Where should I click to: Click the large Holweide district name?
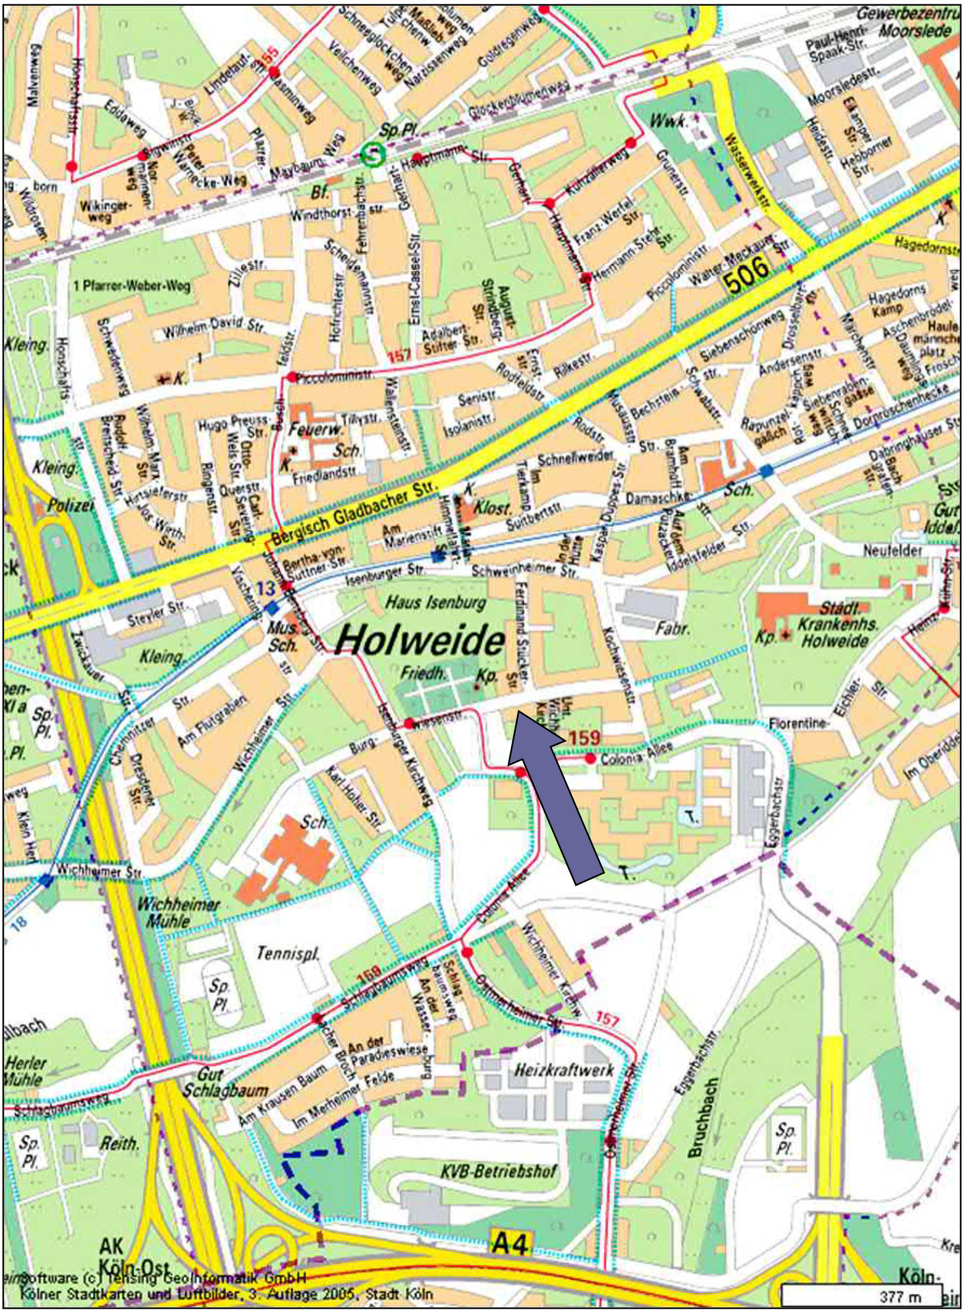(x=419, y=641)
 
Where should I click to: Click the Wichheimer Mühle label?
(x=178, y=913)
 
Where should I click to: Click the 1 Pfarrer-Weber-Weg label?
(x=132, y=287)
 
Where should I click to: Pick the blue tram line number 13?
(x=266, y=588)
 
